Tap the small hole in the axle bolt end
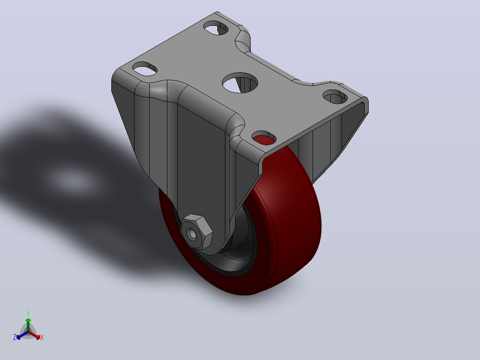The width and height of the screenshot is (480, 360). [x=192, y=234]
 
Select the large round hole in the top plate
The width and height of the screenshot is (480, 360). [x=240, y=83]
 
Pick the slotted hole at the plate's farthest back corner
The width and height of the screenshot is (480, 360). [x=216, y=28]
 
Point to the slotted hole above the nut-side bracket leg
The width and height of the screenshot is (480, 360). [x=144, y=69]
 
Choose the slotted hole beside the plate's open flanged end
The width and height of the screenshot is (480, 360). [x=335, y=97]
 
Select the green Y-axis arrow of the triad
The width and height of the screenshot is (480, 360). [x=28, y=325]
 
